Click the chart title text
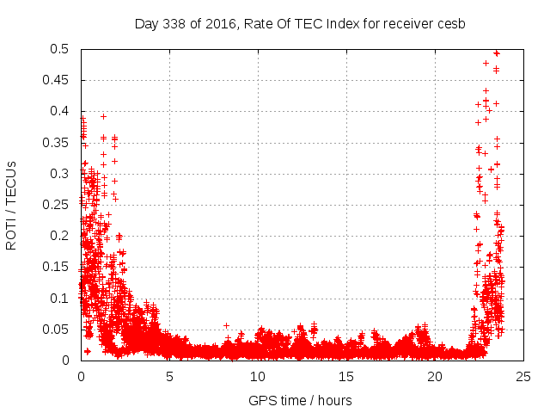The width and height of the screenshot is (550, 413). click(300, 23)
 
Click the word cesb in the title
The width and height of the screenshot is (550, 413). click(450, 23)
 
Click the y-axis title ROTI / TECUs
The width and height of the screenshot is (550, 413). click(11, 205)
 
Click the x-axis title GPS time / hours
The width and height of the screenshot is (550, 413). click(300, 400)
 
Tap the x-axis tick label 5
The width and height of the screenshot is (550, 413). click(169, 376)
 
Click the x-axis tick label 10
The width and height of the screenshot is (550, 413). click(258, 376)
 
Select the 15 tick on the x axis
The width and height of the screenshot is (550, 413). click(346, 376)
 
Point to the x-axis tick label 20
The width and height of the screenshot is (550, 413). click(435, 376)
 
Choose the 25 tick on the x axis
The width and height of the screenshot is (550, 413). click(523, 376)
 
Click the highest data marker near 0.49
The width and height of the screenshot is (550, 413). click(497, 53)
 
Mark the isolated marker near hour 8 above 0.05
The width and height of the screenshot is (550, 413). click(226, 326)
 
